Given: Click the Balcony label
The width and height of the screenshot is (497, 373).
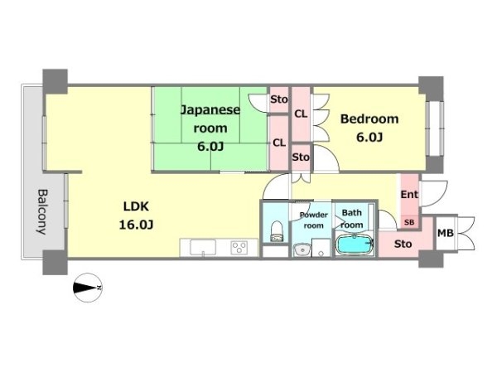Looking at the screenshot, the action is coord(42,211).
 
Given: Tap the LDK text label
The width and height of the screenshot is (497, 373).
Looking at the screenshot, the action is coord(136,206).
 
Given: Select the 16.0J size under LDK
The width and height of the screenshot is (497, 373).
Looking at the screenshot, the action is coord(137,225).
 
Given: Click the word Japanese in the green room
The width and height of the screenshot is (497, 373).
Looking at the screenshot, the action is coord(210,111).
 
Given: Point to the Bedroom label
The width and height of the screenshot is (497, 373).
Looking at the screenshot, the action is coord(369,119).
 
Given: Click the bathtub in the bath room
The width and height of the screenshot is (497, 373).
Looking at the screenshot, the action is coord(355,245).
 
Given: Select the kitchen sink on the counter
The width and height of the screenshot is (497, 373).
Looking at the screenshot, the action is coord(203,247).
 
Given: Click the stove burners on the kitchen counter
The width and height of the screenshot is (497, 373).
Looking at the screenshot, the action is coord(239,247).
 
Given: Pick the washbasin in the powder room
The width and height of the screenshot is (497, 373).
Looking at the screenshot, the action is coord(302,249).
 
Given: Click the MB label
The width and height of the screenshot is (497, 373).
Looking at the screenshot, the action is coord(446,233).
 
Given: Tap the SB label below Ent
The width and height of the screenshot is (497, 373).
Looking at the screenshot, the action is coord(409,222).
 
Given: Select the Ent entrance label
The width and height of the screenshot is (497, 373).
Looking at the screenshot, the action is coord(409,194).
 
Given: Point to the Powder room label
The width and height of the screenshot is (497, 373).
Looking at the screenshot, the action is coord(313,220).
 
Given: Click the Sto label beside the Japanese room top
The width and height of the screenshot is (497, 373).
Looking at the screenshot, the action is coord(279,99).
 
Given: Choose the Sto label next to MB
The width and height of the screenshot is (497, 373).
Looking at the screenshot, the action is coord(403,244).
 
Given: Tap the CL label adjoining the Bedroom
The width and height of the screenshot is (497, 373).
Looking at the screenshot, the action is coord(301,114).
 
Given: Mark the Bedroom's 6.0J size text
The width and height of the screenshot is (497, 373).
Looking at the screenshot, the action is coord(369,138).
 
